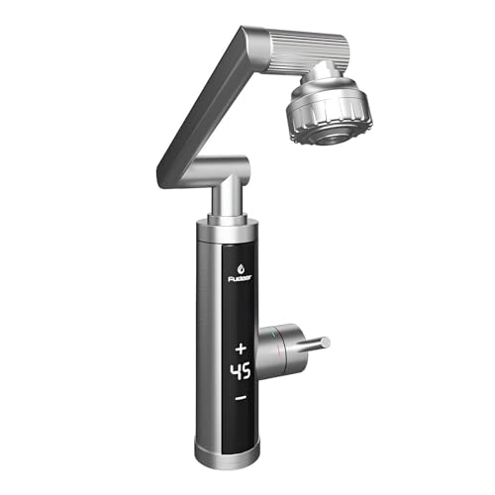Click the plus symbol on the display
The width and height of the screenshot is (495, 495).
[x=241, y=348]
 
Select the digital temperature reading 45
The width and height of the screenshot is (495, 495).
[x=241, y=372]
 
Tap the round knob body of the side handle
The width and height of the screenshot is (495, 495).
[x=281, y=342]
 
